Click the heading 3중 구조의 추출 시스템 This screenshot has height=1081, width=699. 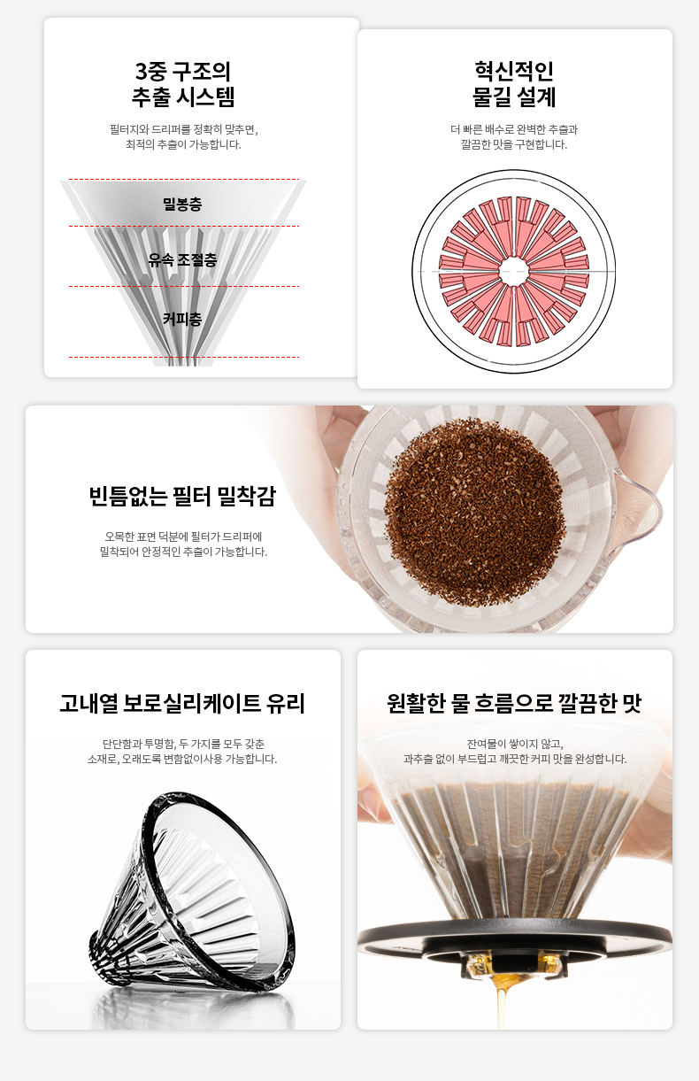pos(183,84)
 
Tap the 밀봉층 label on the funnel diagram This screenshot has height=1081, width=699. pos(182,205)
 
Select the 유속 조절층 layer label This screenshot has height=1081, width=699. pos(182,260)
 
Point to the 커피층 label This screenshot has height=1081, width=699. pos(182,319)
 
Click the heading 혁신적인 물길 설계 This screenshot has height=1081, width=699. pos(514,84)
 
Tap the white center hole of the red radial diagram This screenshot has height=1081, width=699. pos(513,272)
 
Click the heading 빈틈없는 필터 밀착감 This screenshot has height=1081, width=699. pos(182,496)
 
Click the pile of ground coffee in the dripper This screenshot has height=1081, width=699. pos(473,512)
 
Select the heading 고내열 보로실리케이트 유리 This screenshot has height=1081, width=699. pos(182,703)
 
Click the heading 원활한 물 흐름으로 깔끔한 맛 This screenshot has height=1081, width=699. pos(514,703)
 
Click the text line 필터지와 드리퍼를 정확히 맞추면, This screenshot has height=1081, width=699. pos(183,129)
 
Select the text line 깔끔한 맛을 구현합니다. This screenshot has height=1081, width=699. pos(514,144)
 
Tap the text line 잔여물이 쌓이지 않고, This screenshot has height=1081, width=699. pos(515,744)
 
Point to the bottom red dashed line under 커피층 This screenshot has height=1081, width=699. pos(184,357)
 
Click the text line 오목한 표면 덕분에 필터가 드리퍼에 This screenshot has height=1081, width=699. pos(183,537)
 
